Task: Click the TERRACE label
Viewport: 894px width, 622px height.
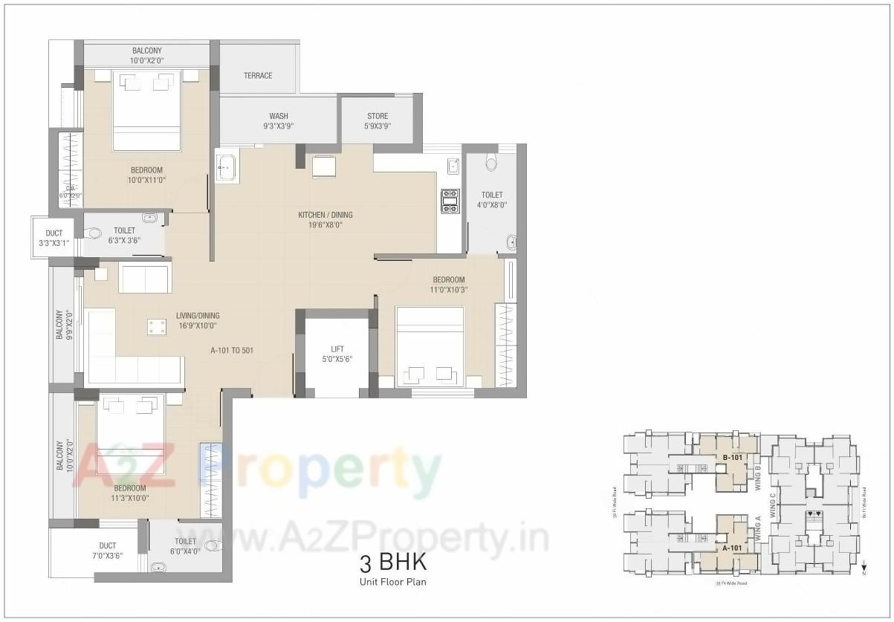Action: click(x=258, y=76)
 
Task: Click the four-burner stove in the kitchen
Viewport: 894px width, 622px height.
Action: click(x=450, y=201)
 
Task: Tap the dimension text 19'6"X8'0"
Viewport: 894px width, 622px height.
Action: click(x=325, y=225)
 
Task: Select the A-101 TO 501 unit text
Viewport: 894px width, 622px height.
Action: click(x=233, y=350)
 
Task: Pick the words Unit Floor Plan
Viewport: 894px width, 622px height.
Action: click(x=393, y=582)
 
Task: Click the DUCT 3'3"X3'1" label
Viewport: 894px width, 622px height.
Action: click(x=54, y=238)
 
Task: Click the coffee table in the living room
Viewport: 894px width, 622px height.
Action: click(x=156, y=327)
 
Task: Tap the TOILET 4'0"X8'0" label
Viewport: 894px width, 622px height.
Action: click(x=492, y=199)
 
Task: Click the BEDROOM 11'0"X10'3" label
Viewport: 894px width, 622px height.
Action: click(x=449, y=285)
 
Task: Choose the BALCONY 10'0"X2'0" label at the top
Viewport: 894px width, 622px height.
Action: click(x=146, y=55)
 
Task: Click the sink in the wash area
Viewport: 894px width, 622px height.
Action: click(x=226, y=167)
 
